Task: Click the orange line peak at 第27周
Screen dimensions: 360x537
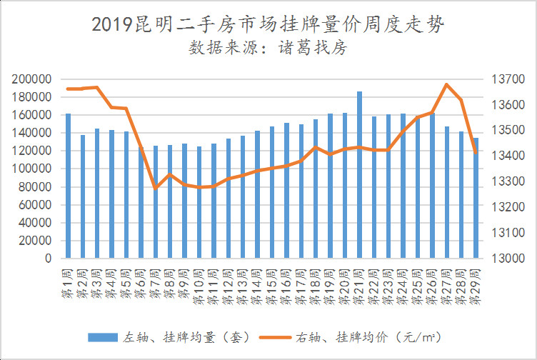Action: (x=446, y=84)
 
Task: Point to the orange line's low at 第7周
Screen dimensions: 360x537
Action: (x=156, y=189)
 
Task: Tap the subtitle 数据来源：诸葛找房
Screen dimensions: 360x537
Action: (x=268, y=49)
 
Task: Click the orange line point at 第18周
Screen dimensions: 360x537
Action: (x=316, y=147)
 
